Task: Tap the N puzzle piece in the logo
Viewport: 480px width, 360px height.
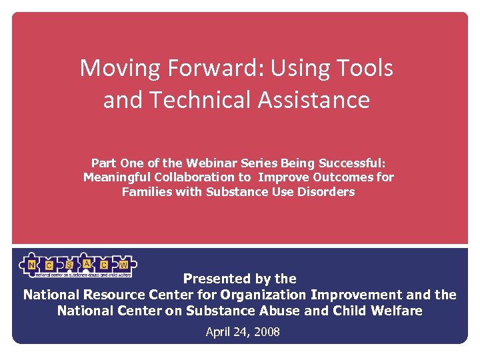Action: coord(31,265)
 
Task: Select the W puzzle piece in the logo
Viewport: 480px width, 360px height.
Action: coord(124,265)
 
